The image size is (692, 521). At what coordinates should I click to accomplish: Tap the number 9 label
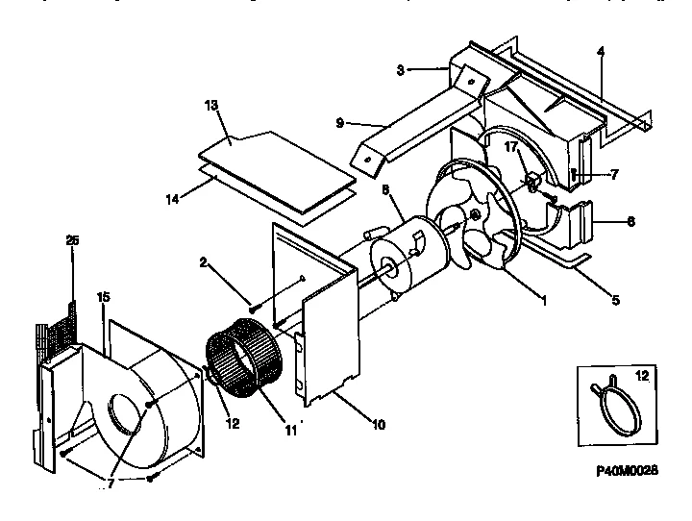click(x=341, y=122)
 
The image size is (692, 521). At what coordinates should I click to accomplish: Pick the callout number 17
click(x=511, y=148)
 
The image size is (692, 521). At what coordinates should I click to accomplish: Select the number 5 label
click(x=614, y=299)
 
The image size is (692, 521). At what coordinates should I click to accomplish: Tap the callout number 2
click(x=205, y=261)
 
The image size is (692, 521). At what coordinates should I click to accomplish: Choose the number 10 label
click(x=379, y=424)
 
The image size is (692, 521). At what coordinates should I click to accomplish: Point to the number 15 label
click(x=104, y=298)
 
